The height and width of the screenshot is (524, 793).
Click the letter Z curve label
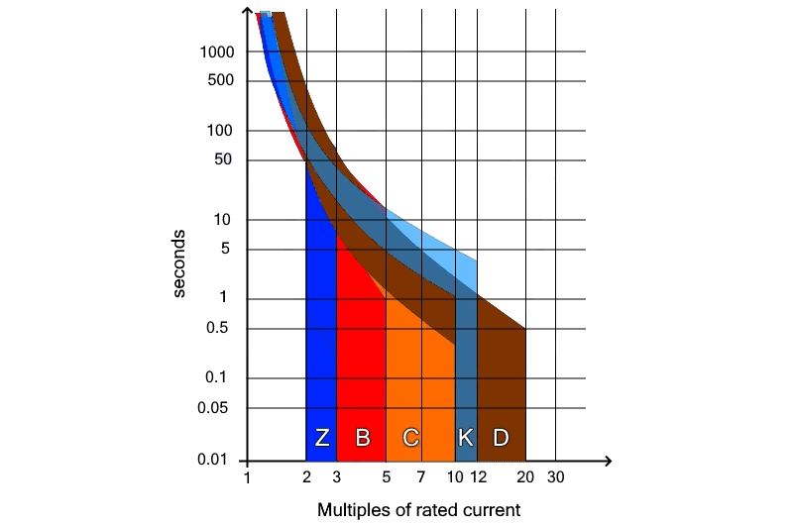tap(322, 438)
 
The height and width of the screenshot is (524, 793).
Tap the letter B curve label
tap(363, 438)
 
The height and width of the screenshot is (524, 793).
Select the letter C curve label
tap(410, 438)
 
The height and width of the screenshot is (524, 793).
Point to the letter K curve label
tap(466, 438)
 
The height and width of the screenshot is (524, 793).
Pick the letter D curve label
tap(501, 438)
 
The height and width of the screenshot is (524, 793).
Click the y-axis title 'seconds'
tap(179, 262)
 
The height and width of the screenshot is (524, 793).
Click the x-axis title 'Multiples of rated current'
tap(418, 511)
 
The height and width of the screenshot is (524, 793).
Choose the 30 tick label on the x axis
tap(555, 477)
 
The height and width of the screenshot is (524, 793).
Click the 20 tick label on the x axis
tap(525, 477)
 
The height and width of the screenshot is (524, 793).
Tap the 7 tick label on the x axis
tap(421, 477)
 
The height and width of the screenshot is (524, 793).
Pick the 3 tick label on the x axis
tap(337, 477)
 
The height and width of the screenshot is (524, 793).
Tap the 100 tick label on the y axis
tap(220, 130)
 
